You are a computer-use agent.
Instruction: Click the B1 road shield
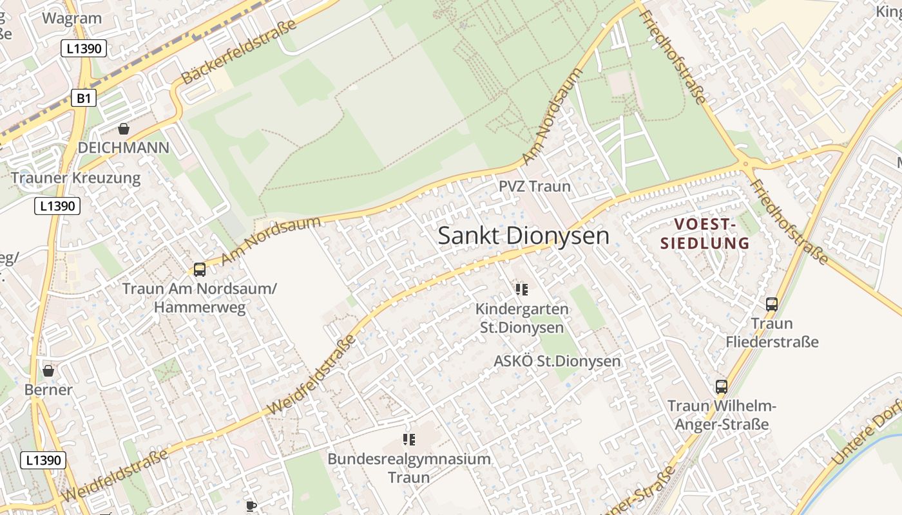pos(84,98)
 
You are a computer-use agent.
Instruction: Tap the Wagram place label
pos(72,18)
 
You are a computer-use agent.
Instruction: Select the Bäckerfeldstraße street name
pos(240,51)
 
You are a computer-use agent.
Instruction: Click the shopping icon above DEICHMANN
pos(123,129)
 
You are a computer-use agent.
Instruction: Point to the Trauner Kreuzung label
pos(75,178)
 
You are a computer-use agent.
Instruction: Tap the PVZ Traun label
pos(535,187)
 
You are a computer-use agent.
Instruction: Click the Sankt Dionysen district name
pos(523,236)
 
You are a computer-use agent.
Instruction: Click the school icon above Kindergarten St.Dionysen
pos(521,290)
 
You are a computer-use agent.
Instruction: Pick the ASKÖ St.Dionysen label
pos(557,361)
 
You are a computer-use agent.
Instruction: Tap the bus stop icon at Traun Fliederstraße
pos(771,304)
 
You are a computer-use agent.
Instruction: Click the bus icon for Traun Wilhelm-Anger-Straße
pos(722,387)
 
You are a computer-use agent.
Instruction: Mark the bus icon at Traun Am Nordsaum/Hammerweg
pos(200,270)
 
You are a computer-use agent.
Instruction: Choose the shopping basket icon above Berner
pos(48,371)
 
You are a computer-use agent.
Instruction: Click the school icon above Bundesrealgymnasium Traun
pos(408,440)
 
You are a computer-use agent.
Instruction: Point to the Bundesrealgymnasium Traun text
pos(409,468)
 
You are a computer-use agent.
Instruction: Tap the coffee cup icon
pos(251,506)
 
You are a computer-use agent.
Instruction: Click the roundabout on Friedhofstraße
pos(746,164)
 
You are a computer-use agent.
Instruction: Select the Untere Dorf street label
pos(867,438)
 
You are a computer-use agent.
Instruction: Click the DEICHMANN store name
pos(123,148)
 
